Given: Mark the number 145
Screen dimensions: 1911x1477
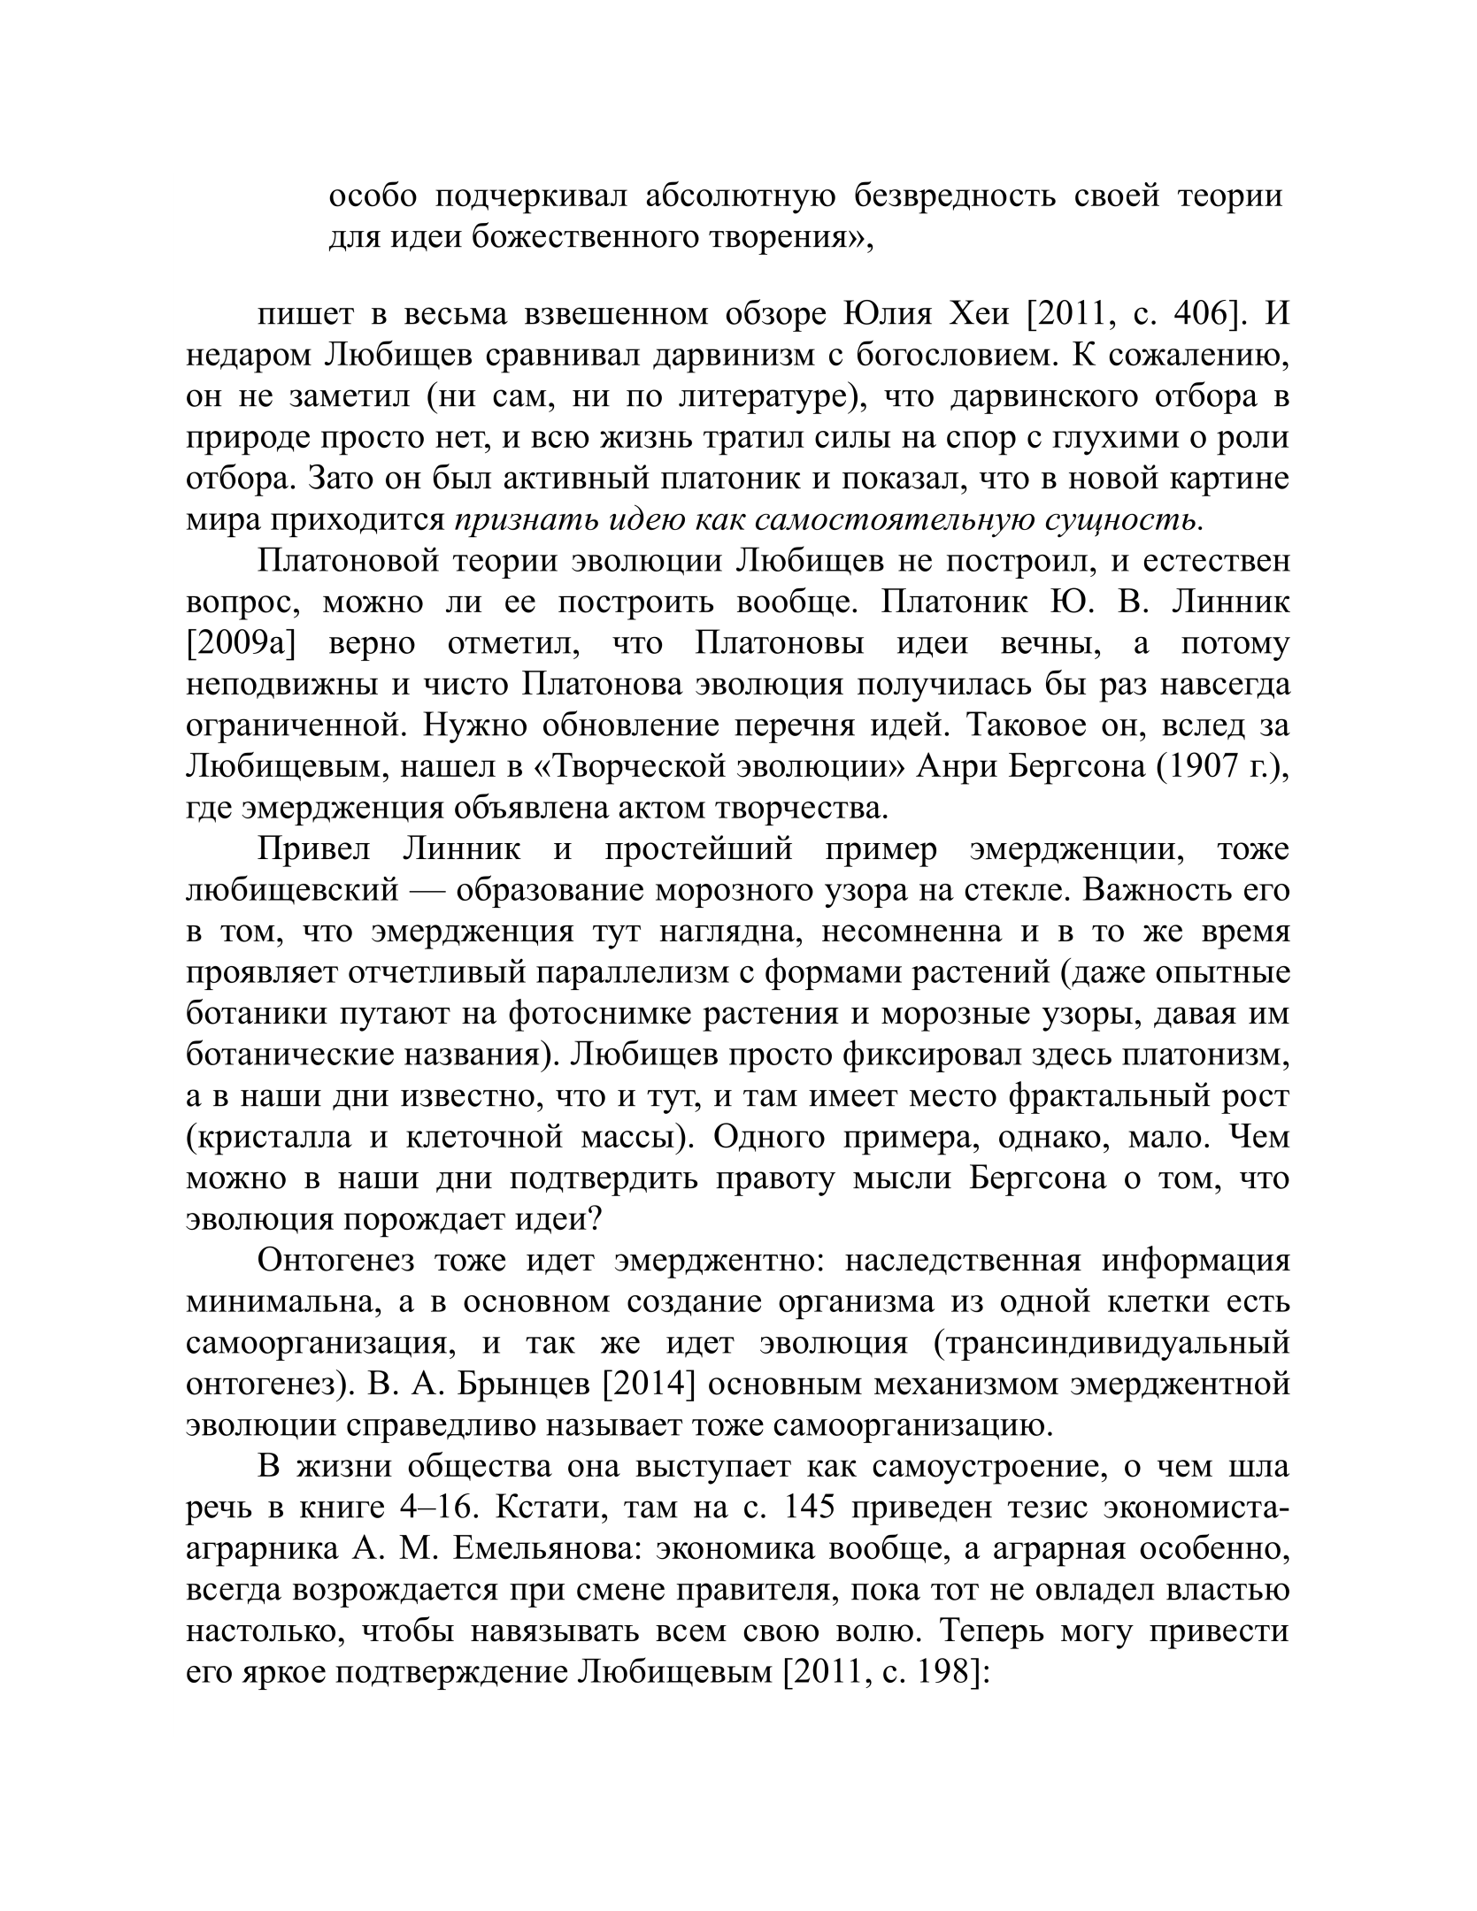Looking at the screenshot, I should (812, 1508).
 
